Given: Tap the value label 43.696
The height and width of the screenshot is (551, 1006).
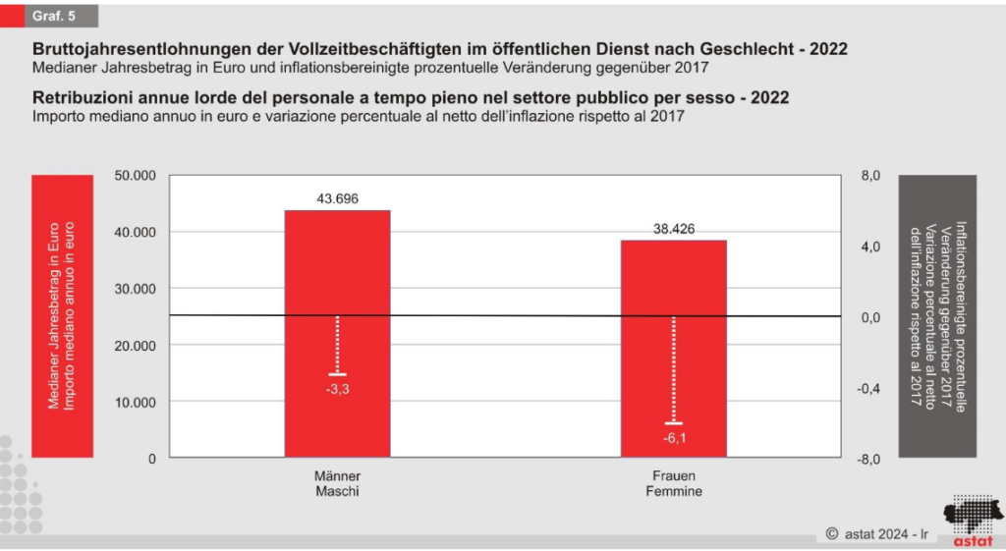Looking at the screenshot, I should [x=337, y=198].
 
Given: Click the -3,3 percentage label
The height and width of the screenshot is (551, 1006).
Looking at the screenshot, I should [x=337, y=389].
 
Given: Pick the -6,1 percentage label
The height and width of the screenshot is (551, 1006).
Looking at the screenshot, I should [x=673, y=438].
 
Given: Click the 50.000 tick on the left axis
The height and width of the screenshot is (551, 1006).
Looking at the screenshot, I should [x=136, y=176].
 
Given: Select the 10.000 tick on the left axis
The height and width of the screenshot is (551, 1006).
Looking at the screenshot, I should [x=136, y=402].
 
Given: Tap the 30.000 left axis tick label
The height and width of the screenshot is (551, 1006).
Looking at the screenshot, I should [x=136, y=289].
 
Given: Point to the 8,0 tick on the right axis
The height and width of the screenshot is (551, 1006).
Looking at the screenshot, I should [x=870, y=176].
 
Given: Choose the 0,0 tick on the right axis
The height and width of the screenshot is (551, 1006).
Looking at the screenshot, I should [x=870, y=317].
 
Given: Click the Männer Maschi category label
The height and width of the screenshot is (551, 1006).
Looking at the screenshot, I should [x=337, y=483].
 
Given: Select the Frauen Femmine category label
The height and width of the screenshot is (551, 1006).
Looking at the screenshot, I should [x=673, y=483].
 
